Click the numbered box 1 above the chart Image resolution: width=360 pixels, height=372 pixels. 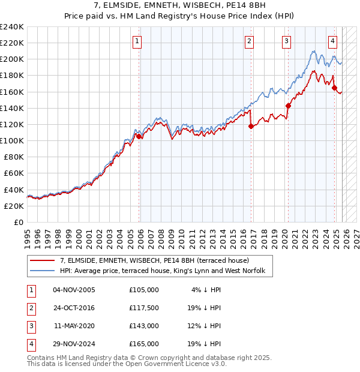tap(137, 41)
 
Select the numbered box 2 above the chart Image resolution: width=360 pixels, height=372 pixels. tap(249, 41)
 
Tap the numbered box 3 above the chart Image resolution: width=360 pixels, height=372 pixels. tap(286, 41)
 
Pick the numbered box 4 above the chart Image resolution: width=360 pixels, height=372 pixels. tap(332, 41)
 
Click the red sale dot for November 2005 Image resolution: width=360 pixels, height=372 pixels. tap(139, 137)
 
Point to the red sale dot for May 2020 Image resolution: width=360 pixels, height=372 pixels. tap(288, 106)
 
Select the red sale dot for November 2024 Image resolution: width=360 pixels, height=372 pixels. tap(335, 88)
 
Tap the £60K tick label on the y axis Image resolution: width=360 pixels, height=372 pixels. tap(13, 173)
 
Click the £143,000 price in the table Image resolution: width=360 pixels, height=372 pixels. tap(144, 326)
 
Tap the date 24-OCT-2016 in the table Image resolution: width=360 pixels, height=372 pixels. tap(74, 308)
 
